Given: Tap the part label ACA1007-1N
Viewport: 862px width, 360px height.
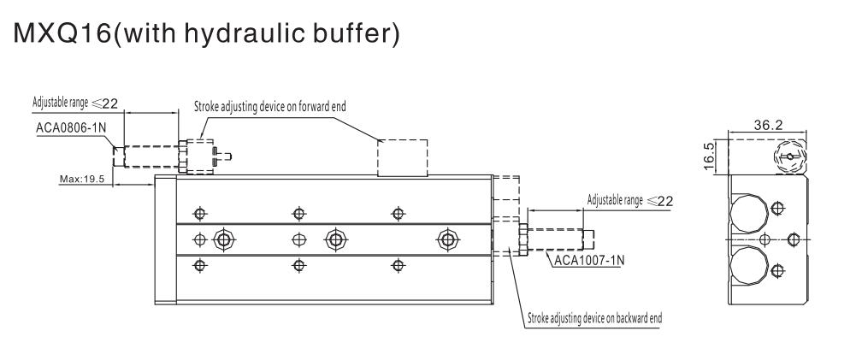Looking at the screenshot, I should [587, 260].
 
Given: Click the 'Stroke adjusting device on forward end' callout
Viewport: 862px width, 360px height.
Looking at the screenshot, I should [270, 106].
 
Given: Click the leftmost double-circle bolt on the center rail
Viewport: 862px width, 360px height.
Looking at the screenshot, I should [223, 239].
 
